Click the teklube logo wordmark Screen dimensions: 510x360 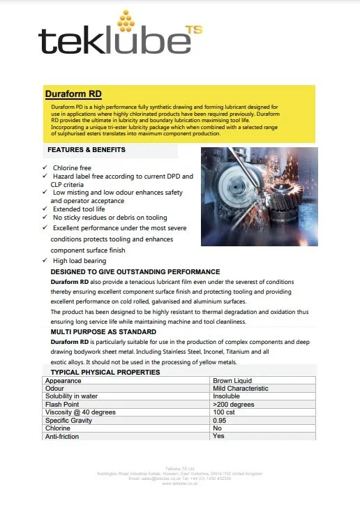(114, 42)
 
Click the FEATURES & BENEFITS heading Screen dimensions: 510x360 (87, 150)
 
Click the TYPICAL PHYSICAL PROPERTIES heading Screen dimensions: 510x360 (105, 372)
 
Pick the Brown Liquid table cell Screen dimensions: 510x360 (235, 381)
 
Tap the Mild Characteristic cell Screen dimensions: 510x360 (241, 389)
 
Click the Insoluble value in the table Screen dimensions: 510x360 (229, 396)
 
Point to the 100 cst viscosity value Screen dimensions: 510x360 (225, 412)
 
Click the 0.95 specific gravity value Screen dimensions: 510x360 (220, 421)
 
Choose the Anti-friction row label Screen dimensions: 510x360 (62, 436)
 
